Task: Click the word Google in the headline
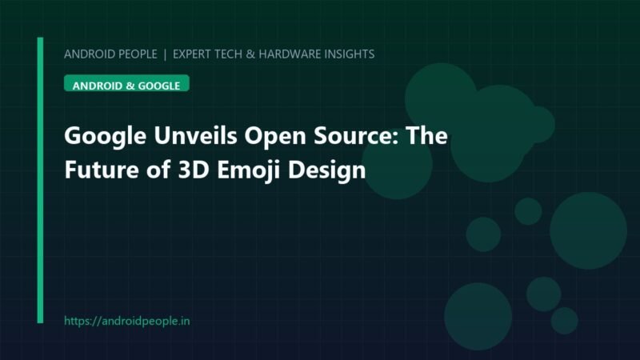click(106, 137)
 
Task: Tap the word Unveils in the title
click(195, 135)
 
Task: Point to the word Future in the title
click(102, 170)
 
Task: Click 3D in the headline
click(194, 170)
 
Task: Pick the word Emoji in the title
click(249, 170)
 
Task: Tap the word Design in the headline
click(326, 171)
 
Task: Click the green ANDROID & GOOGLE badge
click(126, 83)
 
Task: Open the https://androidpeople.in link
click(127, 322)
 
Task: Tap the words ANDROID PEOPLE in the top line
click(110, 54)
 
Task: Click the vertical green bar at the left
click(40, 180)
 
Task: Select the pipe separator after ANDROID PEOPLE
click(165, 54)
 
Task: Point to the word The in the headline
click(426, 135)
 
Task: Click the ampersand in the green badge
click(130, 86)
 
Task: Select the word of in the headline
click(158, 170)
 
